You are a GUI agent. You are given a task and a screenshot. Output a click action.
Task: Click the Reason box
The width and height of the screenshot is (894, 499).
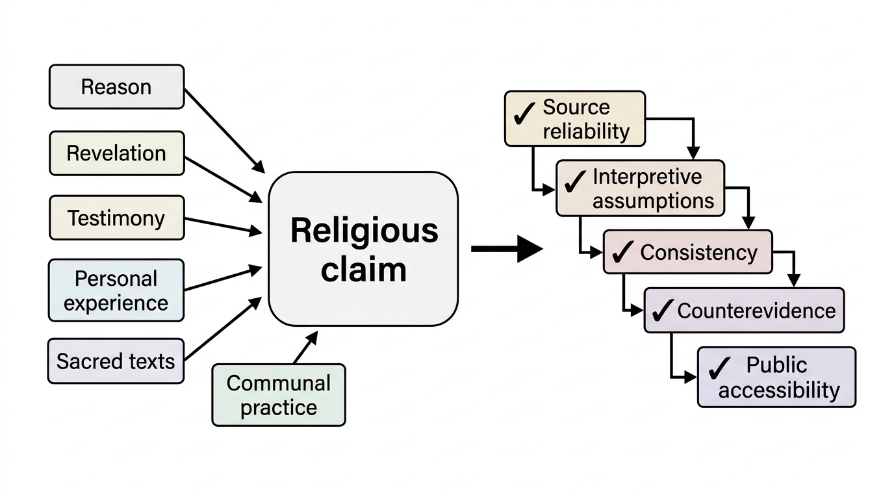coord(116,86)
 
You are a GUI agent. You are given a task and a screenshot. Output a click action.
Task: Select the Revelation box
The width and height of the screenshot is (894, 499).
coord(117,153)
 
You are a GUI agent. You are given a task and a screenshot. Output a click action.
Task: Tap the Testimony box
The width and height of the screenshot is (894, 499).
coord(117,218)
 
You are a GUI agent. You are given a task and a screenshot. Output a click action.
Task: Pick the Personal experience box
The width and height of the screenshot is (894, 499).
coord(116,290)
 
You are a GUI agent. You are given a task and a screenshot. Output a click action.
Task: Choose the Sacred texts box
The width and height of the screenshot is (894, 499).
coord(116,361)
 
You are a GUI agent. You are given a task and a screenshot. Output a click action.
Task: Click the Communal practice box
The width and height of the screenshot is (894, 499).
coord(279,395)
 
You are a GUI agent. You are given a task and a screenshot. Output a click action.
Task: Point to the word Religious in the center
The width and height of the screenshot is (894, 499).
coord(364,231)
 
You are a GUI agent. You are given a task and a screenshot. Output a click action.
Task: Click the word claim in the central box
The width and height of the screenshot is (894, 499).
coord(364,270)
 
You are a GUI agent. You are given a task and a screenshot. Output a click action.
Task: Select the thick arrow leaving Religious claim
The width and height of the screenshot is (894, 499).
coord(507,249)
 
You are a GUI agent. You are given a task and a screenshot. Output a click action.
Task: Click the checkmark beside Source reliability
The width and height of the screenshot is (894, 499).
coord(524,113)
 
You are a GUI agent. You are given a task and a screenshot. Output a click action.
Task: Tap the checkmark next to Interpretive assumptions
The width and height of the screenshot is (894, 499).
coord(575,181)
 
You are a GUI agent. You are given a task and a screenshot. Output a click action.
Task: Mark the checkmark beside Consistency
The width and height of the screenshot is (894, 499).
coord(622,251)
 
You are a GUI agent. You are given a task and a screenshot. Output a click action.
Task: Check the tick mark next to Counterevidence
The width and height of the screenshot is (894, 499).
coord(663,310)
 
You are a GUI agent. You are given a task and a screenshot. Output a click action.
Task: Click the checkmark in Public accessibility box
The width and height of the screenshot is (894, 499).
coord(720,368)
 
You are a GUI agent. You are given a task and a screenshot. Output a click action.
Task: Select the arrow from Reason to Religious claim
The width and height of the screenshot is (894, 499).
coord(225,131)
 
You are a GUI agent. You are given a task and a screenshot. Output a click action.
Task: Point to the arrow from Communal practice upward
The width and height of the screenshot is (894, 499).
coord(306,348)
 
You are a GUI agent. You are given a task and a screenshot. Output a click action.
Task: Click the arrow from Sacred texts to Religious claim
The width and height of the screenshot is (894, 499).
coord(223,329)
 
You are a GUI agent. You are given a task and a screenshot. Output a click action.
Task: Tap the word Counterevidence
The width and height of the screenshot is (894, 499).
coord(756,311)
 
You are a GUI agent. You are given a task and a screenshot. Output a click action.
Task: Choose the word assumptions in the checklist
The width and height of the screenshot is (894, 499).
coord(653,201)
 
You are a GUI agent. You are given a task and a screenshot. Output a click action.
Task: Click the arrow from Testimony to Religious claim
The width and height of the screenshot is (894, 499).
coord(223,225)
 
